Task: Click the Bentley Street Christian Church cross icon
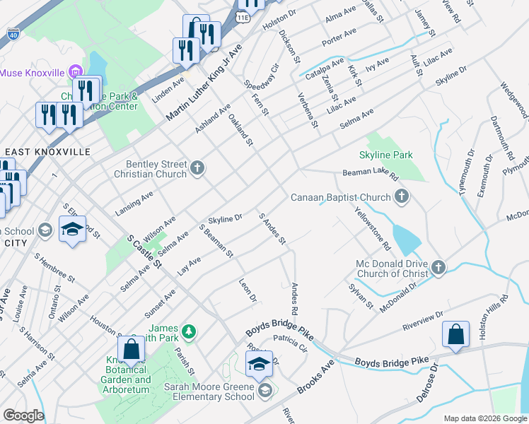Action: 197,168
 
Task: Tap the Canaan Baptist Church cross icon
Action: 402,197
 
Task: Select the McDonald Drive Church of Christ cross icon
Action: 438,267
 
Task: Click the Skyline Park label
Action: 386,155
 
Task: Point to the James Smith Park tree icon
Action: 188,331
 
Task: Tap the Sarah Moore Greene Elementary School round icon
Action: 265,391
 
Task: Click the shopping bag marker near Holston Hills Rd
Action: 456,336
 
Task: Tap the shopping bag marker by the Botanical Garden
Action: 132,348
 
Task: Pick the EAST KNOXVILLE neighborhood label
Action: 47,152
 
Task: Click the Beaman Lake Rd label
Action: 371,172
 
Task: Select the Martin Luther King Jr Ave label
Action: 204,82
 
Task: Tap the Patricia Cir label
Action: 292,343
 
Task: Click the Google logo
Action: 23,416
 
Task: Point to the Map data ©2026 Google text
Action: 484,418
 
